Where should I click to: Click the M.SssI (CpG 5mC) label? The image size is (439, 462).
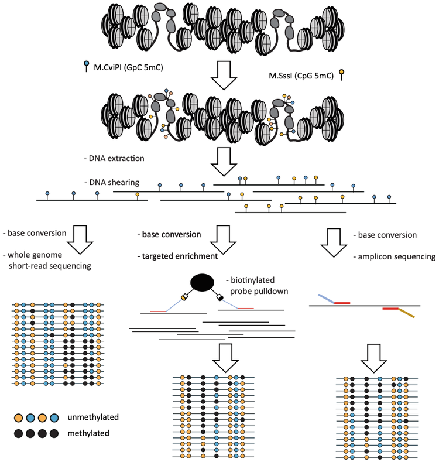299,75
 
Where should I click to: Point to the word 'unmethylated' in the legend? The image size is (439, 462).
93,417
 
